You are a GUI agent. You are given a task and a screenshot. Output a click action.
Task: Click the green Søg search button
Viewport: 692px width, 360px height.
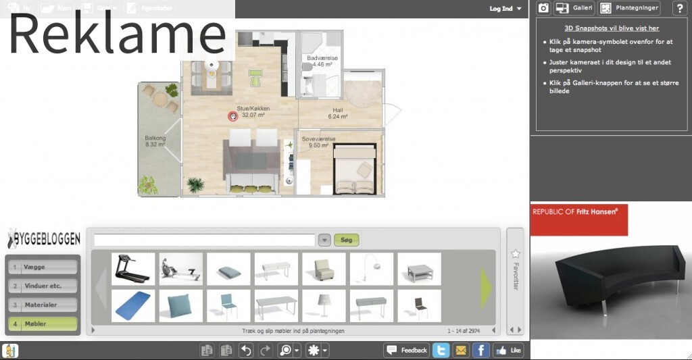(x=347, y=240)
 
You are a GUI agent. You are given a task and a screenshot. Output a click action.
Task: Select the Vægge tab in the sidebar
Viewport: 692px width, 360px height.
(x=42, y=267)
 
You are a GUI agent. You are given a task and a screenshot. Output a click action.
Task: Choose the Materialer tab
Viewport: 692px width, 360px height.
(x=42, y=305)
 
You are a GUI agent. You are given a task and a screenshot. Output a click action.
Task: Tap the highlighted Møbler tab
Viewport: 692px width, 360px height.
(x=42, y=324)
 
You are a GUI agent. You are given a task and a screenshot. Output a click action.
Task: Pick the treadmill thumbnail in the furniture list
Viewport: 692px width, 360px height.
(x=132, y=269)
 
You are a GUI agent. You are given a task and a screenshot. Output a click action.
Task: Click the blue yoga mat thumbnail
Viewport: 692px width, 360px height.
(x=132, y=305)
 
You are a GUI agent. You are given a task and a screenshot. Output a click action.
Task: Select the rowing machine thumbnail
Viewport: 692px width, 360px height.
(x=180, y=269)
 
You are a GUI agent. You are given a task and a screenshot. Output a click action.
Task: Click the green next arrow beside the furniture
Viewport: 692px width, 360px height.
(x=486, y=288)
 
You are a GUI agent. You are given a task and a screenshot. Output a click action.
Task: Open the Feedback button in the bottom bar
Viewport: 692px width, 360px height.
(x=407, y=350)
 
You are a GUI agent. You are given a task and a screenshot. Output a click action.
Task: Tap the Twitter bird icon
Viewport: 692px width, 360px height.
(x=441, y=350)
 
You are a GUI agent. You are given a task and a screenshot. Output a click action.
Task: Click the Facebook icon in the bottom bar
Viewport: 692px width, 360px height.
(x=480, y=350)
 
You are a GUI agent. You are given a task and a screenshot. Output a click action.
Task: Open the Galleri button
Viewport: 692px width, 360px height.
(x=574, y=8)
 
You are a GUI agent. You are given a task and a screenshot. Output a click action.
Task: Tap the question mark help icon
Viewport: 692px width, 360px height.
(x=679, y=8)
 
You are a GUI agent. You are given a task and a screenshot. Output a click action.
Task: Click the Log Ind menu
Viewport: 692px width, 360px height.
(x=505, y=9)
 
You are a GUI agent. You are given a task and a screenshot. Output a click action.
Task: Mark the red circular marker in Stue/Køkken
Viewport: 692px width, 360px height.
(x=232, y=116)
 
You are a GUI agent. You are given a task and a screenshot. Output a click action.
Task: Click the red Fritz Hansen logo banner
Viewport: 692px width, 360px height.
(x=578, y=217)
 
